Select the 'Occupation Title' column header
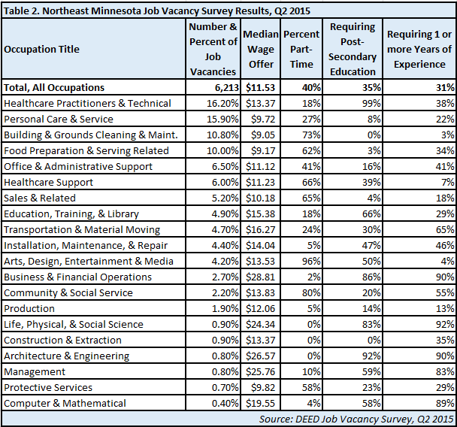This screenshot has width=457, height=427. pos(41,50)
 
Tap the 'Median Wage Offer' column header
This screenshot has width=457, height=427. pos(261,50)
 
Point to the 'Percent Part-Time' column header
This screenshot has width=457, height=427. pos(301,50)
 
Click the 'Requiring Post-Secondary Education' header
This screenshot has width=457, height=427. pos(353,50)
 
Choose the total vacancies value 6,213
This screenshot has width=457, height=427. pos(227,88)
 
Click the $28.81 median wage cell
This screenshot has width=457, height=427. pos(260,277)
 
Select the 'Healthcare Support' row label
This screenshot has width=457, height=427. pos(48,183)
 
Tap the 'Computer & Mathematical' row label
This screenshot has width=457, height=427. pos(65,404)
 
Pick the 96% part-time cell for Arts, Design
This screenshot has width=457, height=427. pos(311,261)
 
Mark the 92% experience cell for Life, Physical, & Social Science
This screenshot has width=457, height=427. pos(445,325)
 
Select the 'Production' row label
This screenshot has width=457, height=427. pos(29,309)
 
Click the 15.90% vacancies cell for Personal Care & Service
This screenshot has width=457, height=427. pos(222,120)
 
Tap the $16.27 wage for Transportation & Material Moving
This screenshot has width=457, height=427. pos(260,230)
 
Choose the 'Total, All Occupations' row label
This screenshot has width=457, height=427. pos(54,88)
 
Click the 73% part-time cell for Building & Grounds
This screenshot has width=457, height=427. pos(311,135)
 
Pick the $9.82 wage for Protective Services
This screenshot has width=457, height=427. pos(263,388)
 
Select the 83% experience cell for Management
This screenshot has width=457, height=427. pos(445,372)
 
